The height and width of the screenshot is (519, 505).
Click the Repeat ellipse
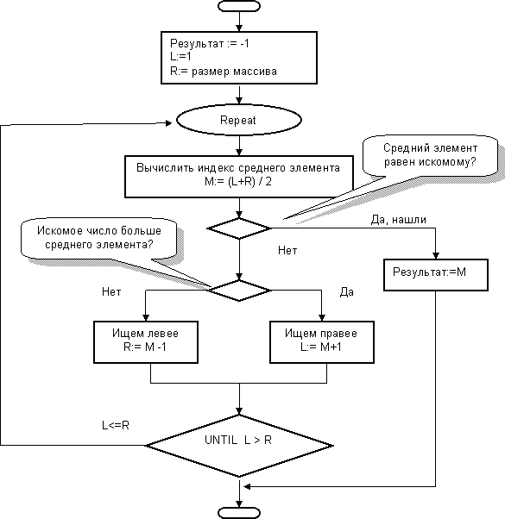pos(238,120)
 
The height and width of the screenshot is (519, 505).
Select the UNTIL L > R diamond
pos(239,446)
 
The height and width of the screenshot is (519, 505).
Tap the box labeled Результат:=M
pos(436,275)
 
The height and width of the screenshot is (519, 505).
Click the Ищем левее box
pos(146,342)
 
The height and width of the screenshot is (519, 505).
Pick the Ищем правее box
pos(322,342)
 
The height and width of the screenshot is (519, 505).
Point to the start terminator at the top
pos(239,6)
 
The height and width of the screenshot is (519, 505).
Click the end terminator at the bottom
pos(239,513)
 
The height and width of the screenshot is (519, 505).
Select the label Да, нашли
pos(398,220)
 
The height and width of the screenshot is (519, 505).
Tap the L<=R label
pos(116,425)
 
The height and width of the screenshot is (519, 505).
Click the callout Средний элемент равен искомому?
pos(430,155)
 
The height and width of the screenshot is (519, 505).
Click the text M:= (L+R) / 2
pos(238,182)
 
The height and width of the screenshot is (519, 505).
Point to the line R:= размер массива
pos(223,72)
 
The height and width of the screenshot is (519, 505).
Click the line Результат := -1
pos(210,43)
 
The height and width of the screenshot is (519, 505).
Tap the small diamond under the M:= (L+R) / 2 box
pos(238,228)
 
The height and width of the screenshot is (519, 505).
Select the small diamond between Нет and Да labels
pos(239,291)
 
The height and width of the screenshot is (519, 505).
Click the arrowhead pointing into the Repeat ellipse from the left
pos(168,123)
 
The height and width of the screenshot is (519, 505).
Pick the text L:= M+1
pos(321,347)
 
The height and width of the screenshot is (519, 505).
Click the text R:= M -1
pos(145,347)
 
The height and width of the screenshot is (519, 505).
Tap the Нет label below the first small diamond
pos(287,251)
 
